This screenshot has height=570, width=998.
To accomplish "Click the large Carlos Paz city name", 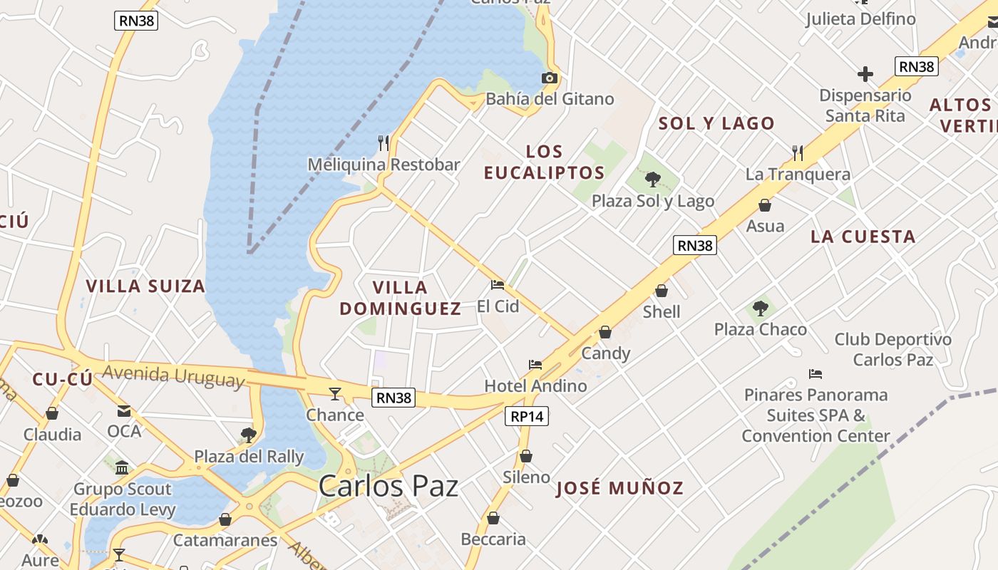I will click(388, 487).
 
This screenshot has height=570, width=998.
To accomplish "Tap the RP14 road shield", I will click(527, 416).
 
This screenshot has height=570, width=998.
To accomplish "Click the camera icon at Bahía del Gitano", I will click(549, 78).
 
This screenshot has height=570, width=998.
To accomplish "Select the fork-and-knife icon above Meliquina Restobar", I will click(384, 142).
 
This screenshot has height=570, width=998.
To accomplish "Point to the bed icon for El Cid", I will click(498, 285).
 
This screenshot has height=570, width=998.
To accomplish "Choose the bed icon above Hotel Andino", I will click(535, 365).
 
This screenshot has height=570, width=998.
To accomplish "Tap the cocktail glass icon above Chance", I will click(334, 393).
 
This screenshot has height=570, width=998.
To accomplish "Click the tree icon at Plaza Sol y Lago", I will click(652, 179).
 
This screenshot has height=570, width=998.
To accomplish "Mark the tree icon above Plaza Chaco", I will click(760, 308).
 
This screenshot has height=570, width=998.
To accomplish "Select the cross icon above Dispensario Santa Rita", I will click(865, 73).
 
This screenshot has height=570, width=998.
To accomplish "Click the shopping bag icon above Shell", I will click(662, 291).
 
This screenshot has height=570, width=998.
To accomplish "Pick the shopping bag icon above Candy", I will click(605, 332).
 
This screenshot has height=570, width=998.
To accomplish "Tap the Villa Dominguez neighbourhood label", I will click(400, 298).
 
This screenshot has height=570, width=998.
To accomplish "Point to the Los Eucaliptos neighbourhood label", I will click(544, 162).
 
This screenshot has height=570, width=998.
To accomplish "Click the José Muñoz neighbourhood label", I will click(619, 488).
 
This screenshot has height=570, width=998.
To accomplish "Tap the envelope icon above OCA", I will click(124, 410).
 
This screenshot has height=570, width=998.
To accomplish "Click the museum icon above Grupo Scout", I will click(122, 468).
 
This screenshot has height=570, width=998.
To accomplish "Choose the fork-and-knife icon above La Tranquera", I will click(798, 152).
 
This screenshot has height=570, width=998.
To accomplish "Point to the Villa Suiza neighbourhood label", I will click(145, 286).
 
